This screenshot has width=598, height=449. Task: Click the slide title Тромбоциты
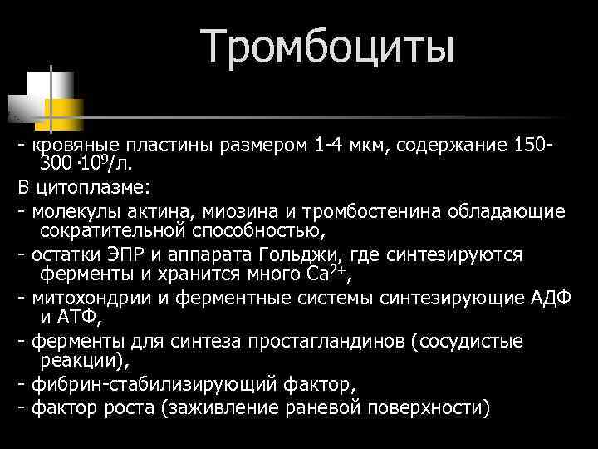[328, 46]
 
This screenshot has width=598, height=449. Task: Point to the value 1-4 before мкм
[335, 146]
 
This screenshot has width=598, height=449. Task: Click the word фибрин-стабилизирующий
[144, 385]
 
